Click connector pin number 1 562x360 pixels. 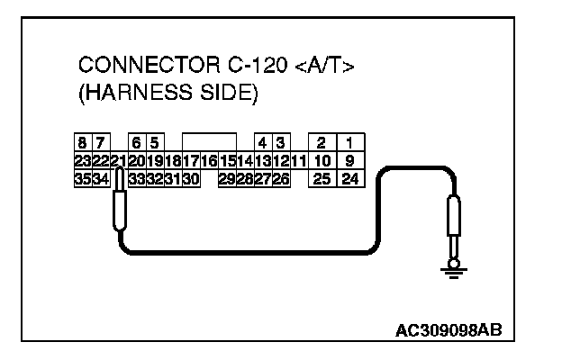[348, 142]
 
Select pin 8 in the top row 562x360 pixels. [82, 142]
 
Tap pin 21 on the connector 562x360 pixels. [117, 160]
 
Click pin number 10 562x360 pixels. [321, 160]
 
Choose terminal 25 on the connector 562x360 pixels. [321, 179]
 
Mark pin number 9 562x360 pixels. [348, 160]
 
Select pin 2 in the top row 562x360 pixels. [321, 142]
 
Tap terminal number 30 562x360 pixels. [190, 179]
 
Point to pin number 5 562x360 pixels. [154, 142]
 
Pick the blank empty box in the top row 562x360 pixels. [208, 142]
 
